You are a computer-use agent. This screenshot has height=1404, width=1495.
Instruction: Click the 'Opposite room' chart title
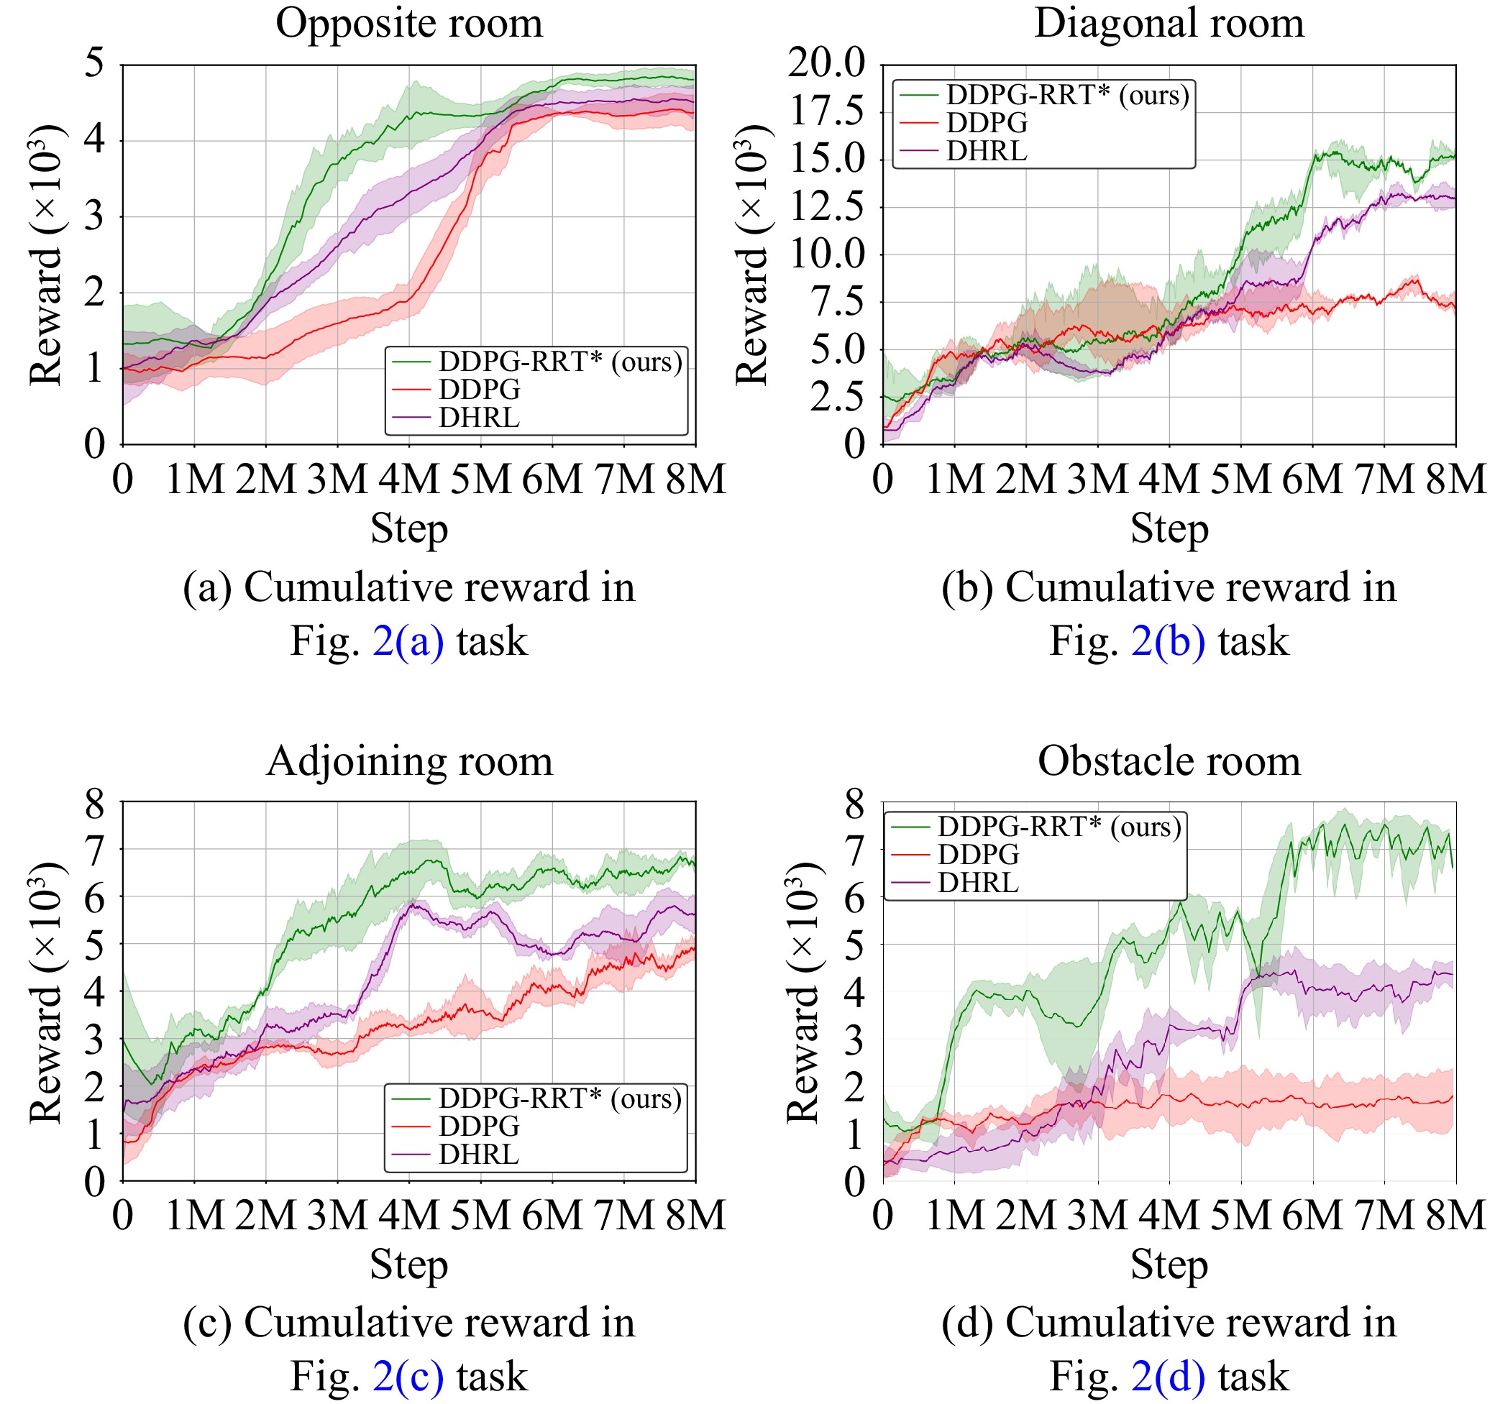coord(409,24)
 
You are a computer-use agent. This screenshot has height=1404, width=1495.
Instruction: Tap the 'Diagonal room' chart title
coord(1169,24)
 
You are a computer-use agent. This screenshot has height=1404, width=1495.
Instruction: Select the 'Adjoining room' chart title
coord(409,761)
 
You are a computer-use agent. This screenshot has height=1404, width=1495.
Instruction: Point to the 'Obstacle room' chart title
coord(1169,761)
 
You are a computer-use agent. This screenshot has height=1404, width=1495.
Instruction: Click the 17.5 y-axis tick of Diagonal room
coord(827,112)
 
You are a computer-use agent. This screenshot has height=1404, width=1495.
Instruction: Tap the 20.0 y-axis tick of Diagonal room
coord(827,64)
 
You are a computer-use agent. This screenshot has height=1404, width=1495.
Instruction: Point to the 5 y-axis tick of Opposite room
coord(95,64)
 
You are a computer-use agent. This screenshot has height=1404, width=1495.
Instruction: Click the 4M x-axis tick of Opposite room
coord(409,480)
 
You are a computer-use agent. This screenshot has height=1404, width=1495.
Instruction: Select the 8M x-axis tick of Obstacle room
coord(1456,1216)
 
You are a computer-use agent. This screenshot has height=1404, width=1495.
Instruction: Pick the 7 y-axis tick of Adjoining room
coord(95,849)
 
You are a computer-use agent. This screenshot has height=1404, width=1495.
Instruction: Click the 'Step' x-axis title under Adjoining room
coord(409,1265)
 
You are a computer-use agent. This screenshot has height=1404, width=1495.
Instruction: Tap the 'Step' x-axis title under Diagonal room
coord(1169,529)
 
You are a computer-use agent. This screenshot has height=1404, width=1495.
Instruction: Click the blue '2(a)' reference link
coord(408,641)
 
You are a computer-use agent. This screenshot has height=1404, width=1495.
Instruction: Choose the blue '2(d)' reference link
coord(1168,1377)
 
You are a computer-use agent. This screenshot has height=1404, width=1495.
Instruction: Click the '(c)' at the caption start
coord(208,1323)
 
